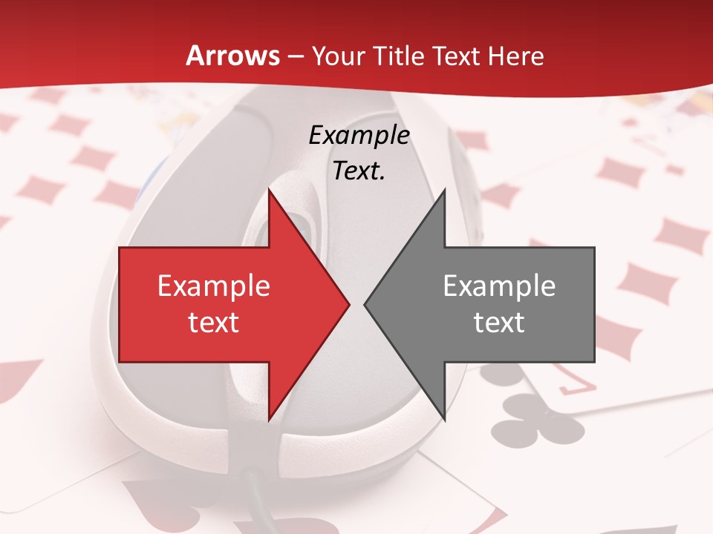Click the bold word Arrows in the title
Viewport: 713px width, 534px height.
pos(233,56)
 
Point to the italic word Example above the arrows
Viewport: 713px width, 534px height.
pos(359,135)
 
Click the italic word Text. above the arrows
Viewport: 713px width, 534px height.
pos(359,171)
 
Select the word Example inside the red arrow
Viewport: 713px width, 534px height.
pos(213,286)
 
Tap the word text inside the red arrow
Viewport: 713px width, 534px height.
pos(213,323)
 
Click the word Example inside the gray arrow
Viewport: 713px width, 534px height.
pos(499,286)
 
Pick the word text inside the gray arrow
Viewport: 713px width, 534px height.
pos(499,323)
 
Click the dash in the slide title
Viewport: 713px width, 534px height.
pos(295,56)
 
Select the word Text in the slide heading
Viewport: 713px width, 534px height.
pos(456,56)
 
